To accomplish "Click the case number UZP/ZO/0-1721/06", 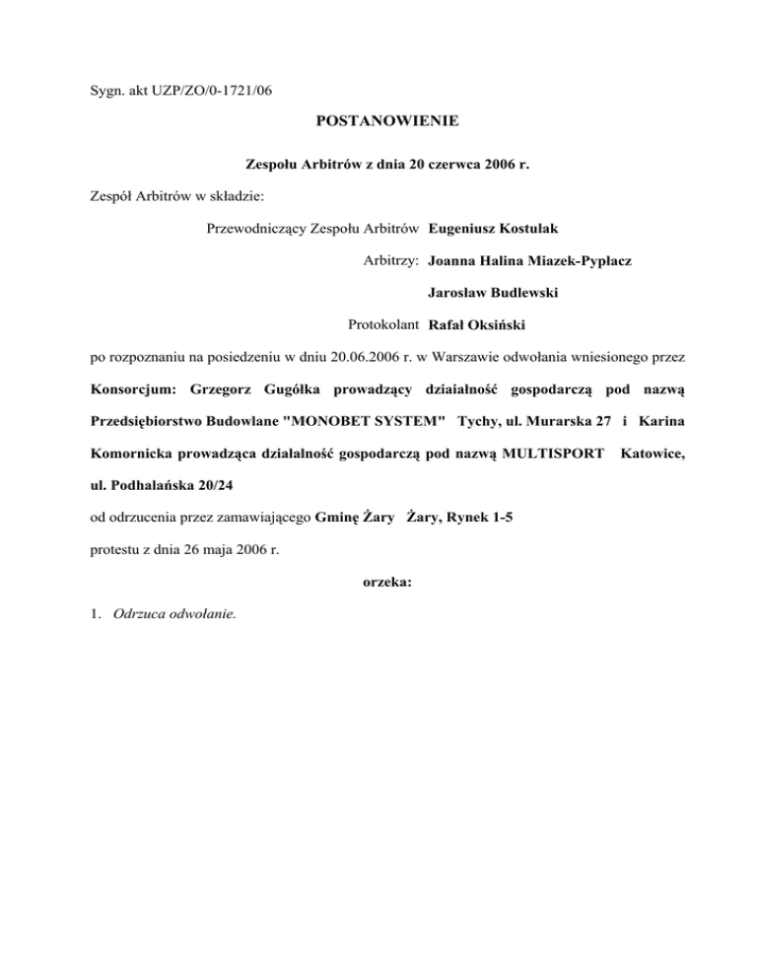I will [211, 92].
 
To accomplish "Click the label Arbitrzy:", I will [392, 261].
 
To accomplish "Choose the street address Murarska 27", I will [563, 421].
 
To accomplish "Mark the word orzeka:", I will [378, 582].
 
